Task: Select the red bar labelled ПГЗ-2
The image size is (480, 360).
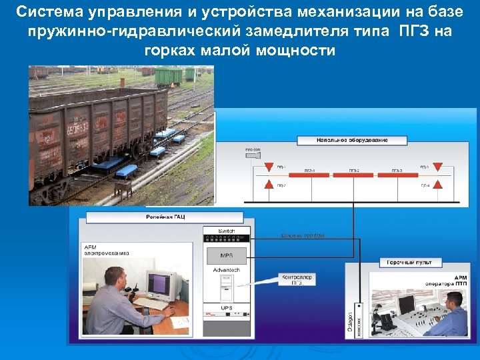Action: tap(353, 175)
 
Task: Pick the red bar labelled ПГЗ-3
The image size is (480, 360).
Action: tap(397, 175)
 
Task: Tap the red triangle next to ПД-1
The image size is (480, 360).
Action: tap(269, 166)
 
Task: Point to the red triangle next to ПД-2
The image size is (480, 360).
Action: tap(269, 185)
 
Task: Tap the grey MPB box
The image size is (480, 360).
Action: tap(227, 256)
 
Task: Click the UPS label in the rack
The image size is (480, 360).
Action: tap(227, 308)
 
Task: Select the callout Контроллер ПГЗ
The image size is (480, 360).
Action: tap(297, 279)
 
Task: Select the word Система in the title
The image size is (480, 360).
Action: tap(46, 12)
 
